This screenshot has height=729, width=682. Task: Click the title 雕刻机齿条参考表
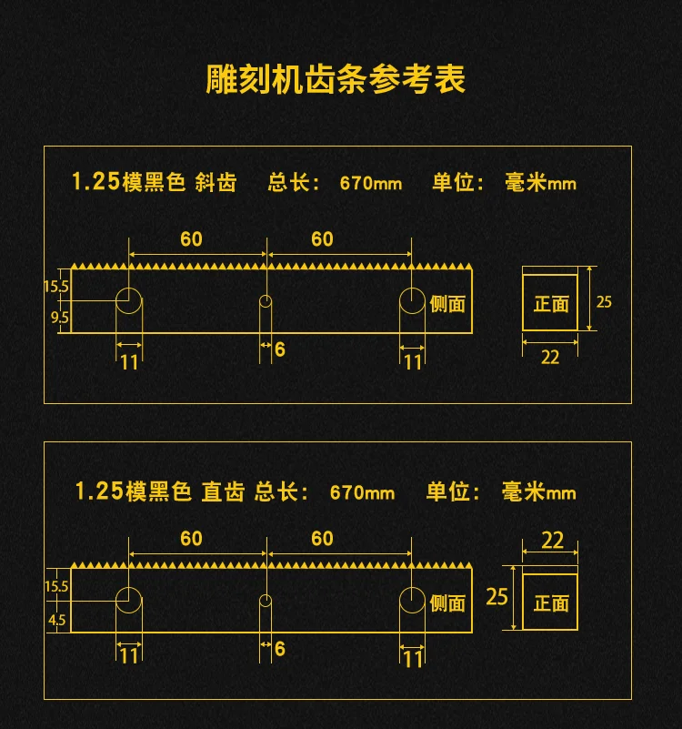pos(336,79)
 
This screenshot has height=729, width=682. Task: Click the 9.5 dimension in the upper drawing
pos(59,318)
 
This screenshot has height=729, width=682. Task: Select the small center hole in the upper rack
pos(266,301)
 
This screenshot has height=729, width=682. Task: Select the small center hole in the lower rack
pos(266,601)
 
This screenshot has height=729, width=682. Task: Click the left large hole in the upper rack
pos(128,300)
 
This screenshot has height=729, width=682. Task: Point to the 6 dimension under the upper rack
pos(280,349)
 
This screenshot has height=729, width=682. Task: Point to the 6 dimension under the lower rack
pos(280,649)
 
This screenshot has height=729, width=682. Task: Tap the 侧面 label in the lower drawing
pos(447,603)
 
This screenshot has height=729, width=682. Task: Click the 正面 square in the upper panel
pos(550,302)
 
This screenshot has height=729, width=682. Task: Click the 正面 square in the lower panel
pos(550,602)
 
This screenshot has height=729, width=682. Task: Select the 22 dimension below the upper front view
pos(550,357)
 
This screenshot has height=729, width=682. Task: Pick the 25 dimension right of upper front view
pos(604,300)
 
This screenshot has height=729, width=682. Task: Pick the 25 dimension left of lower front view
pos(496,597)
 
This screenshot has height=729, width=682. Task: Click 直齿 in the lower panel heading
pos(223,492)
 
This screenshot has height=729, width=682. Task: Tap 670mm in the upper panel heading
pos(371,183)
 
